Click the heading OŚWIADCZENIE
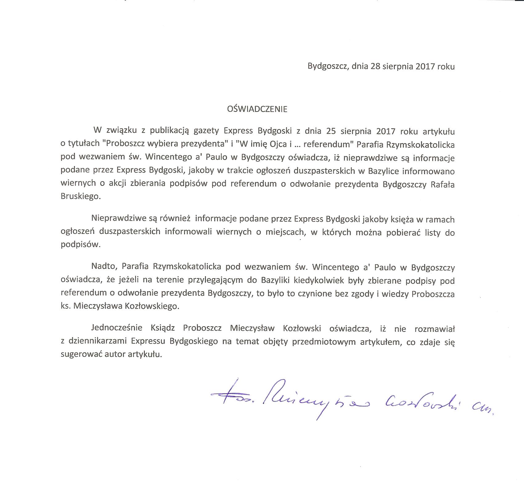tap(257, 109)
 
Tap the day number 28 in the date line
tap(375, 67)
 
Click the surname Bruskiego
tap(80, 196)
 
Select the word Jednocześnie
tap(117, 328)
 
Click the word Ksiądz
tap(164, 328)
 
